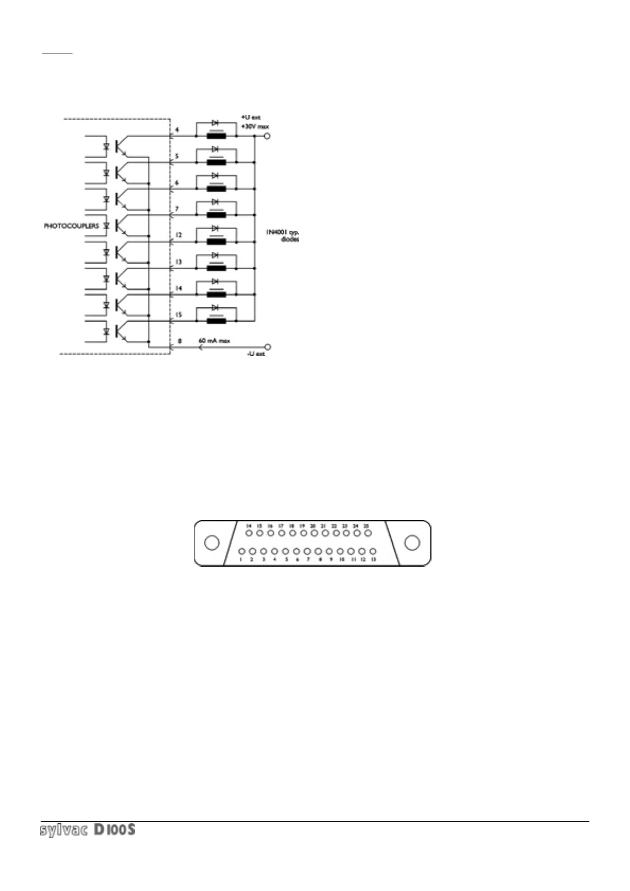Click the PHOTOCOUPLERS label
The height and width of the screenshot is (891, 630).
click(x=71, y=226)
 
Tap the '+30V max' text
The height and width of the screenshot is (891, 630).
click(x=254, y=127)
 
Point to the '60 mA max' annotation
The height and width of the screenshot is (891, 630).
click(x=214, y=341)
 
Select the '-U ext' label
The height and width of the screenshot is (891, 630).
click(x=256, y=353)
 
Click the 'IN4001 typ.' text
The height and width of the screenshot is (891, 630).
click(x=286, y=232)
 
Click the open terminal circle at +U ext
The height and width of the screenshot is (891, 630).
click(x=267, y=136)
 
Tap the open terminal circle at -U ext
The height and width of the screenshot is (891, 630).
click(x=267, y=347)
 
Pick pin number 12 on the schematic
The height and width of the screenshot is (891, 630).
click(x=179, y=235)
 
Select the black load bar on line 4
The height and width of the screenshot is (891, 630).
click(x=216, y=136)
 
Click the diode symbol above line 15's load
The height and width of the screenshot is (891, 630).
click(x=215, y=307)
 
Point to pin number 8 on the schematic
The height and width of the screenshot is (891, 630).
click(x=179, y=341)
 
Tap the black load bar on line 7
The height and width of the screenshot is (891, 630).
click(x=216, y=215)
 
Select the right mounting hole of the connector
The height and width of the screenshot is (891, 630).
click(x=412, y=543)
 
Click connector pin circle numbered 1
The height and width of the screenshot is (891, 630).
click(x=241, y=551)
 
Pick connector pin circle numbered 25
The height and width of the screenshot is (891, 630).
click(x=367, y=534)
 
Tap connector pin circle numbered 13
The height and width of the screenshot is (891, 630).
click(x=373, y=551)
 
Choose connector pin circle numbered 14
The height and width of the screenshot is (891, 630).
click(x=248, y=534)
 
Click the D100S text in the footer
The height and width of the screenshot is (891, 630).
click(x=114, y=830)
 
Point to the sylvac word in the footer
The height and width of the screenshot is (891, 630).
click(x=64, y=830)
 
